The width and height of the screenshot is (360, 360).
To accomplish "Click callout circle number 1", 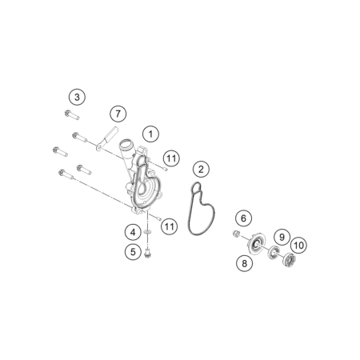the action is (150, 134).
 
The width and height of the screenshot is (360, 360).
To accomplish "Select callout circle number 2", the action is (201, 169).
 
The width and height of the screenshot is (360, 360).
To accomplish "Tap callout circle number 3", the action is (77, 97).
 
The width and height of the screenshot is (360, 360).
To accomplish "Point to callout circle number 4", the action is (133, 233).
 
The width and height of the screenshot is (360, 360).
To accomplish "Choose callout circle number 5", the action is (133, 252).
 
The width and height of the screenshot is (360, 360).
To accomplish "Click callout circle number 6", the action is (243, 218).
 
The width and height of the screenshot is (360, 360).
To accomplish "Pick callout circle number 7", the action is (118, 114).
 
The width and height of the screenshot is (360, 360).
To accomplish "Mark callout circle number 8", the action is (244, 263).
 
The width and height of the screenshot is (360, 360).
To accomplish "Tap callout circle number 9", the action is (282, 237).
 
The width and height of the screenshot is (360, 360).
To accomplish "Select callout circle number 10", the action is (298, 245).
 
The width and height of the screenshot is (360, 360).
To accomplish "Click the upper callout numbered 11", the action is (171, 158).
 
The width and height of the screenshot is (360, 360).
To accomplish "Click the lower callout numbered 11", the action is (170, 226).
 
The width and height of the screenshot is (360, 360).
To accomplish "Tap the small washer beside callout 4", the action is (147, 232).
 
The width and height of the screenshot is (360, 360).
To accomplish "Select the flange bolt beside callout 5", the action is (146, 253).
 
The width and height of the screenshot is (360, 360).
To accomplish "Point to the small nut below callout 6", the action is (235, 234).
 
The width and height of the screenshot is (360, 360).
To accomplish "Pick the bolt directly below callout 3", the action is (72, 115).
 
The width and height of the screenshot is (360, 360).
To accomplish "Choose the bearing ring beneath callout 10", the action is (290, 260).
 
